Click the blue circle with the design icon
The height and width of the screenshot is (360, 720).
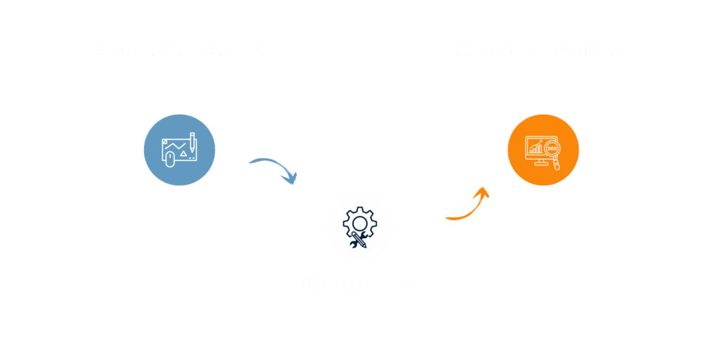pos(179,150)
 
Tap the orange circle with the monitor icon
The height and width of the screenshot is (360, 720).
pos(543,150)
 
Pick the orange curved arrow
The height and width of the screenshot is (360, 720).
pos(464,208)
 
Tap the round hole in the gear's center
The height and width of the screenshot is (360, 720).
pos(360,224)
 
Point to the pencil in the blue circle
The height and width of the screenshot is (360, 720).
pos(192,140)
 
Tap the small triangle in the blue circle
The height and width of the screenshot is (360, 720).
pos(184,153)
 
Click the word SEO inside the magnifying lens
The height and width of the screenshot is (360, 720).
pos(552,150)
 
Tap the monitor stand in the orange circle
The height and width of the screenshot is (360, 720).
pos(539,162)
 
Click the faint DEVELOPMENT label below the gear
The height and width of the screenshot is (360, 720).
pos(359,283)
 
